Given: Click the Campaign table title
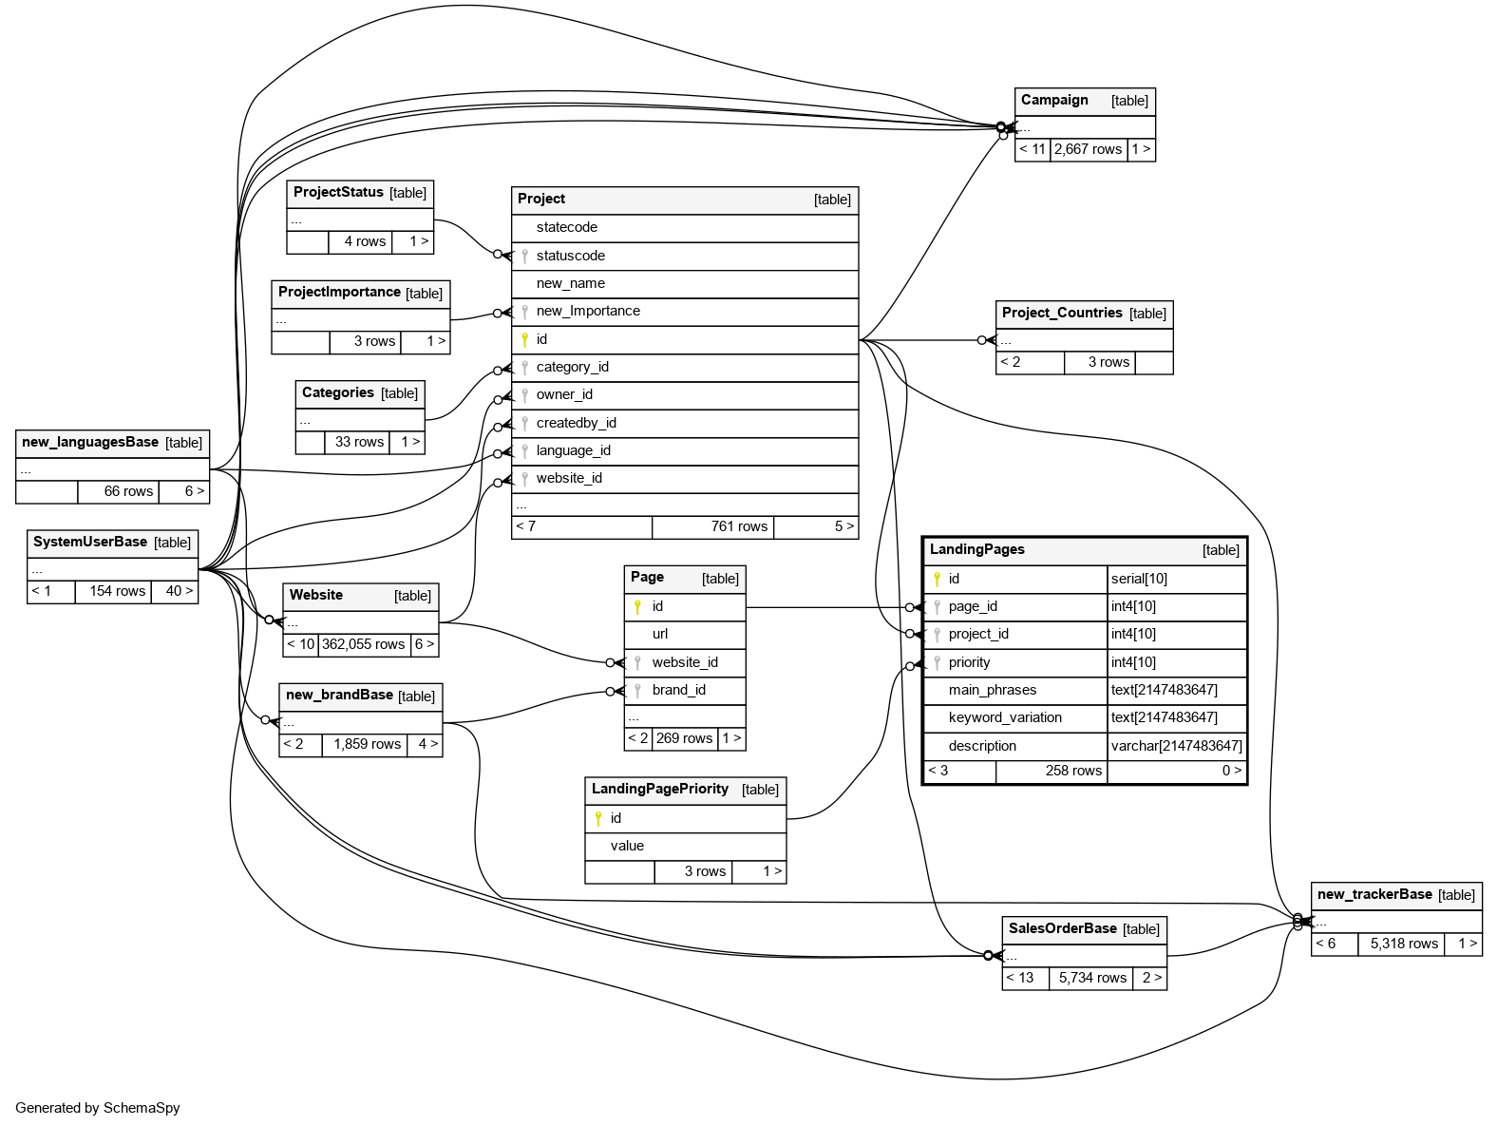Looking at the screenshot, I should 1054,101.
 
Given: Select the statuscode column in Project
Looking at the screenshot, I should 570,256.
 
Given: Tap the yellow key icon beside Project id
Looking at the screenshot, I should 524,339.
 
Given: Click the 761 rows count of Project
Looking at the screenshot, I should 738,526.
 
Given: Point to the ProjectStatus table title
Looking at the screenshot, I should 338,192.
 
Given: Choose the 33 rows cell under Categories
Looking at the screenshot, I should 359,442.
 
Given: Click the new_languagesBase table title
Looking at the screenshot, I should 90,442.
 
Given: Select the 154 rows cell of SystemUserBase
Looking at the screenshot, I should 117,591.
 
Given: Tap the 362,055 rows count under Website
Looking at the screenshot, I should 363,644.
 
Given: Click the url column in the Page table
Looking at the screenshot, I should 660,634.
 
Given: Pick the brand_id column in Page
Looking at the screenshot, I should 678,690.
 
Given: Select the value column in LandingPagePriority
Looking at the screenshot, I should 627,846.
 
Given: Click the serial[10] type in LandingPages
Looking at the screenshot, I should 1139,579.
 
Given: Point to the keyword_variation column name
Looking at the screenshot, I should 1005,717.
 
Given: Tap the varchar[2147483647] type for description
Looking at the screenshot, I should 1176,746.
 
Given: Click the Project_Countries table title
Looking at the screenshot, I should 1062,313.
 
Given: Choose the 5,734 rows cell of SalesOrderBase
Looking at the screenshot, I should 1092,978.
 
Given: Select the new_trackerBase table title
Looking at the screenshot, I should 1374,894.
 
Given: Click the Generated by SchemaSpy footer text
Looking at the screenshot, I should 98,1108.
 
